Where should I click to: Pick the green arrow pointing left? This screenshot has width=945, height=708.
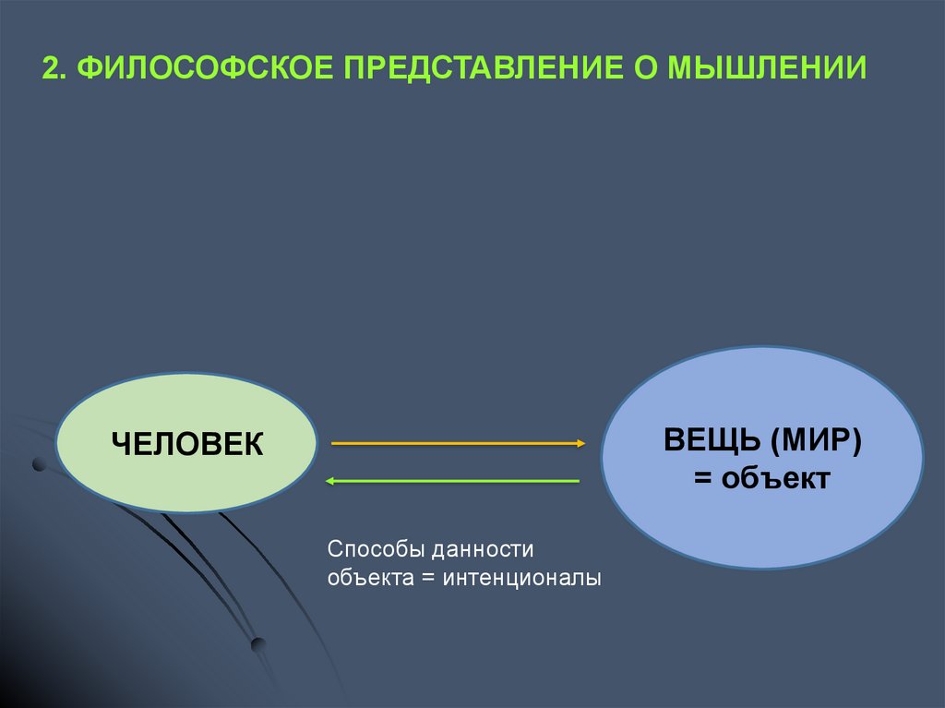(x=452, y=481)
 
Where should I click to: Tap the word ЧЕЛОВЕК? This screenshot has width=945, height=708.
(x=187, y=444)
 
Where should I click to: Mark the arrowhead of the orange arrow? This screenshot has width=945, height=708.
(x=580, y=444)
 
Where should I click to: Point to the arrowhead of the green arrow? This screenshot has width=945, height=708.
(x=328, y=481)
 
